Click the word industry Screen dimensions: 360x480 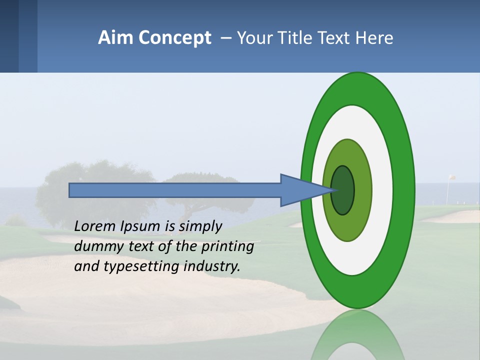(212, 266)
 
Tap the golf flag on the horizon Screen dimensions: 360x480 (451, 177)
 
